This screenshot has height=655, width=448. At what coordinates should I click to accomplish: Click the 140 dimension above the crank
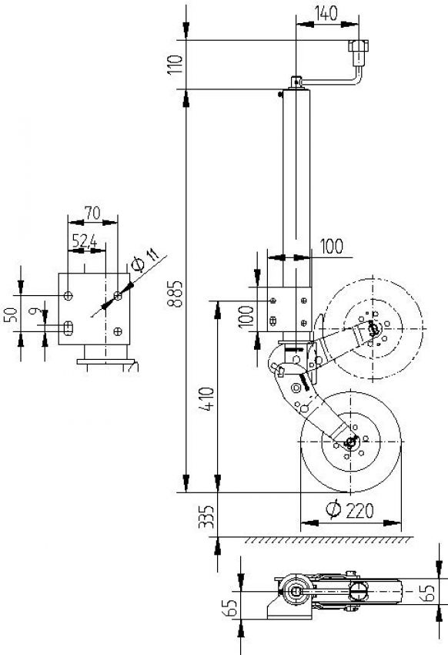coord(326,12)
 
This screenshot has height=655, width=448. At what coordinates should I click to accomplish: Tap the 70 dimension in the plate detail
coord(92,211)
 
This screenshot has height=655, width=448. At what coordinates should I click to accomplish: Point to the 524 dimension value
coord(85,242)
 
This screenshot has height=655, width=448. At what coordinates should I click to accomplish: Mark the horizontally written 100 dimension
coord(331,246)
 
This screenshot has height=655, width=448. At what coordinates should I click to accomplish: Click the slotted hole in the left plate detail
coord(69,327)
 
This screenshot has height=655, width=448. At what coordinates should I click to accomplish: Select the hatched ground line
coord(323,539)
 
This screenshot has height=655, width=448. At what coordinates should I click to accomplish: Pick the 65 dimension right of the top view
coord(436,593)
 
